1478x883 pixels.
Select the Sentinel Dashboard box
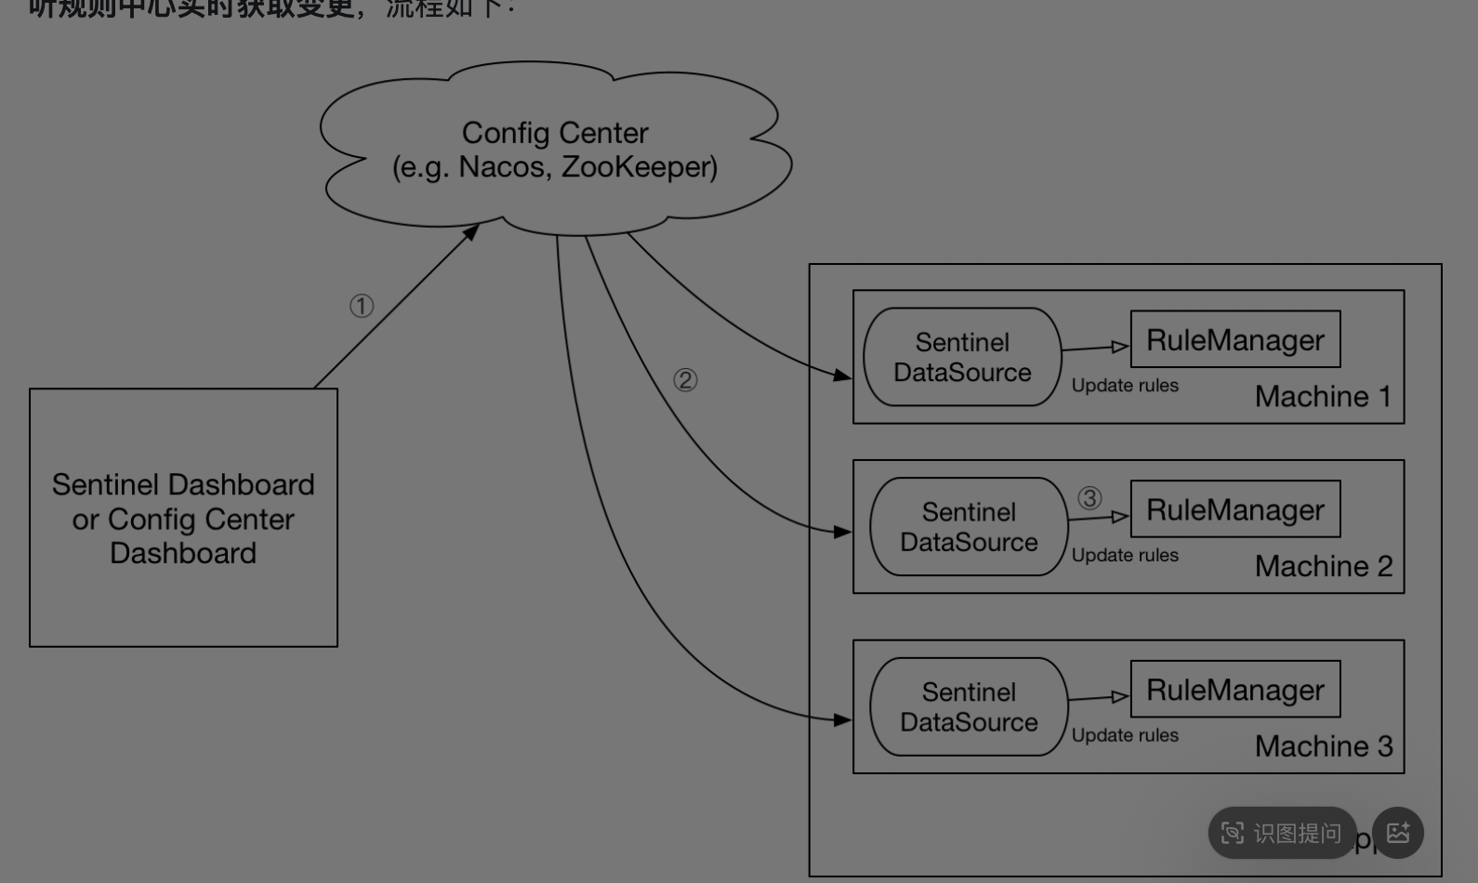183,518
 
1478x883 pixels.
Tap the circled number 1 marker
362,306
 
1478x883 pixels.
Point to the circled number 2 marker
685,380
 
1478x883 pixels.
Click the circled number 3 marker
1089,498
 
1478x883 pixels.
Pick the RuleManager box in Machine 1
1235,339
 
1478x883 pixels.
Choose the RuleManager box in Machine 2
1235,509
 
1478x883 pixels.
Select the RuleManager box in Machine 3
1235,690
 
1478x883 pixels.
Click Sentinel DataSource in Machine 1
962,357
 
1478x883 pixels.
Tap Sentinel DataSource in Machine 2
969,527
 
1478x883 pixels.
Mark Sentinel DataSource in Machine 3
969,707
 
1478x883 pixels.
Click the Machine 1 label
1323,397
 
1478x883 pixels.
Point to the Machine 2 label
1323,566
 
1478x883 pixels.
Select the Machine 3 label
1323,746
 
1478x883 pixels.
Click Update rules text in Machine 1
1125,386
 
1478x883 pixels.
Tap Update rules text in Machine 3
1125,735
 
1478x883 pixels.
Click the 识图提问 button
1282,833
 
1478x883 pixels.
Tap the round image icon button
1398,833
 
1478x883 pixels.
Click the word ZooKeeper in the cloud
639,167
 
